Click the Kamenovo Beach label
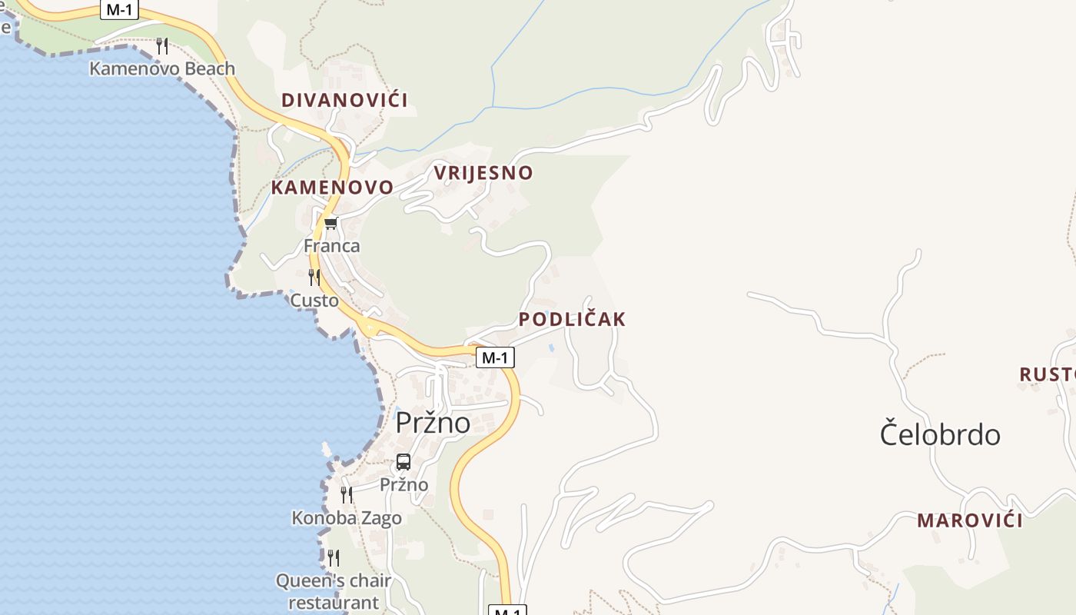162,68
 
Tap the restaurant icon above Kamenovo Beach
161,46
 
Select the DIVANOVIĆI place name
344,100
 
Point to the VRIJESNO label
483,172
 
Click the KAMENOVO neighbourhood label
332,187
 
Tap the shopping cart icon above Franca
331,224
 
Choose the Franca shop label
332,246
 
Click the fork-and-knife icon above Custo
314,277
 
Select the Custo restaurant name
314,300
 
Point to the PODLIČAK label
573,319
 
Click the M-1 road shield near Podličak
495,357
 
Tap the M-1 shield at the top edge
119,10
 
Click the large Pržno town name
433,423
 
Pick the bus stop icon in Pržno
403,462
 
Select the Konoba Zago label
347,518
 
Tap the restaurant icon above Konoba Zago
347,494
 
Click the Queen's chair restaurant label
334,591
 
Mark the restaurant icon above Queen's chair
334,557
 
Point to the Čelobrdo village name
940,434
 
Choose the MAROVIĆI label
970,520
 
